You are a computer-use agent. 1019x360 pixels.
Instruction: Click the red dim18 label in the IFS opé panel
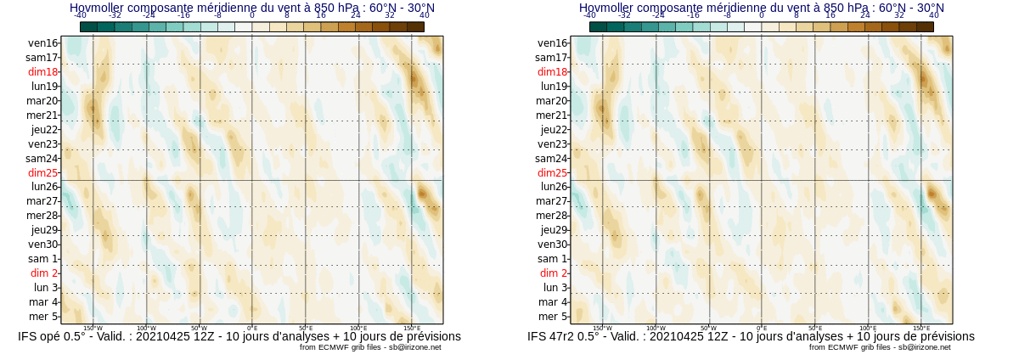pyautogui.click(x=42, y=72)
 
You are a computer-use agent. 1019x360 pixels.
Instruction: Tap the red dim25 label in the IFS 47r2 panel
pyautogui.click(x=552, y=172)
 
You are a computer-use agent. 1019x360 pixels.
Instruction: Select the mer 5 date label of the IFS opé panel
pyautogui.click(x=43, y=317)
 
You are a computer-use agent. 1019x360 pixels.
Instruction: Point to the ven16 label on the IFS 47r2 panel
pyautogui.click(x=553, y=43)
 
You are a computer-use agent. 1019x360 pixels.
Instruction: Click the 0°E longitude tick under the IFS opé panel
pyautogui.click(x=252, y=328)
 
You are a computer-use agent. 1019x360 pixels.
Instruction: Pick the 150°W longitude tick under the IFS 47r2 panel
pyautogui.click(x=602, y=328)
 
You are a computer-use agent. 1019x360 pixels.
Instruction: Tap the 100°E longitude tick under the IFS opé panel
pyautogui.click(x=358, y=328)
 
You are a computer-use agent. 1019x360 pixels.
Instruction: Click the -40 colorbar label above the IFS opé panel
pyautogui.click(x=80, y=15)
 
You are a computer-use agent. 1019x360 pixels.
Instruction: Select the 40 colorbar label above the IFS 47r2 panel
pyautogui.click(x=934, y=15)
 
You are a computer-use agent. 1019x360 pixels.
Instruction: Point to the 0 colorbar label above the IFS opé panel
pyautogui.click(x=252, y=15)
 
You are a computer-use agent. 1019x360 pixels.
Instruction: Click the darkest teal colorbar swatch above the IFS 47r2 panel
pyautogui.click(x=598, y=26)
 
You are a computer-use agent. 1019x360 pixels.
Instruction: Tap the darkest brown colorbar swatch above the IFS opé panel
pyautogui.click(x=415, y=26)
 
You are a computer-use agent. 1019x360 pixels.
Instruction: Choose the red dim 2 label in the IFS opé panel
pyautogui.click(x=44, y=273)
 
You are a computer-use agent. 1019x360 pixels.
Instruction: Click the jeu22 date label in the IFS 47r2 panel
pyautogui.click(x=554, y=130)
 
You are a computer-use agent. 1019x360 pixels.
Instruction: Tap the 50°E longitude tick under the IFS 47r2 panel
pyautogui.click(x=815, y=328)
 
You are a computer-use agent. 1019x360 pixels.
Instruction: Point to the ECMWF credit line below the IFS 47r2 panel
pyautogui.click(x=880, y=347)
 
